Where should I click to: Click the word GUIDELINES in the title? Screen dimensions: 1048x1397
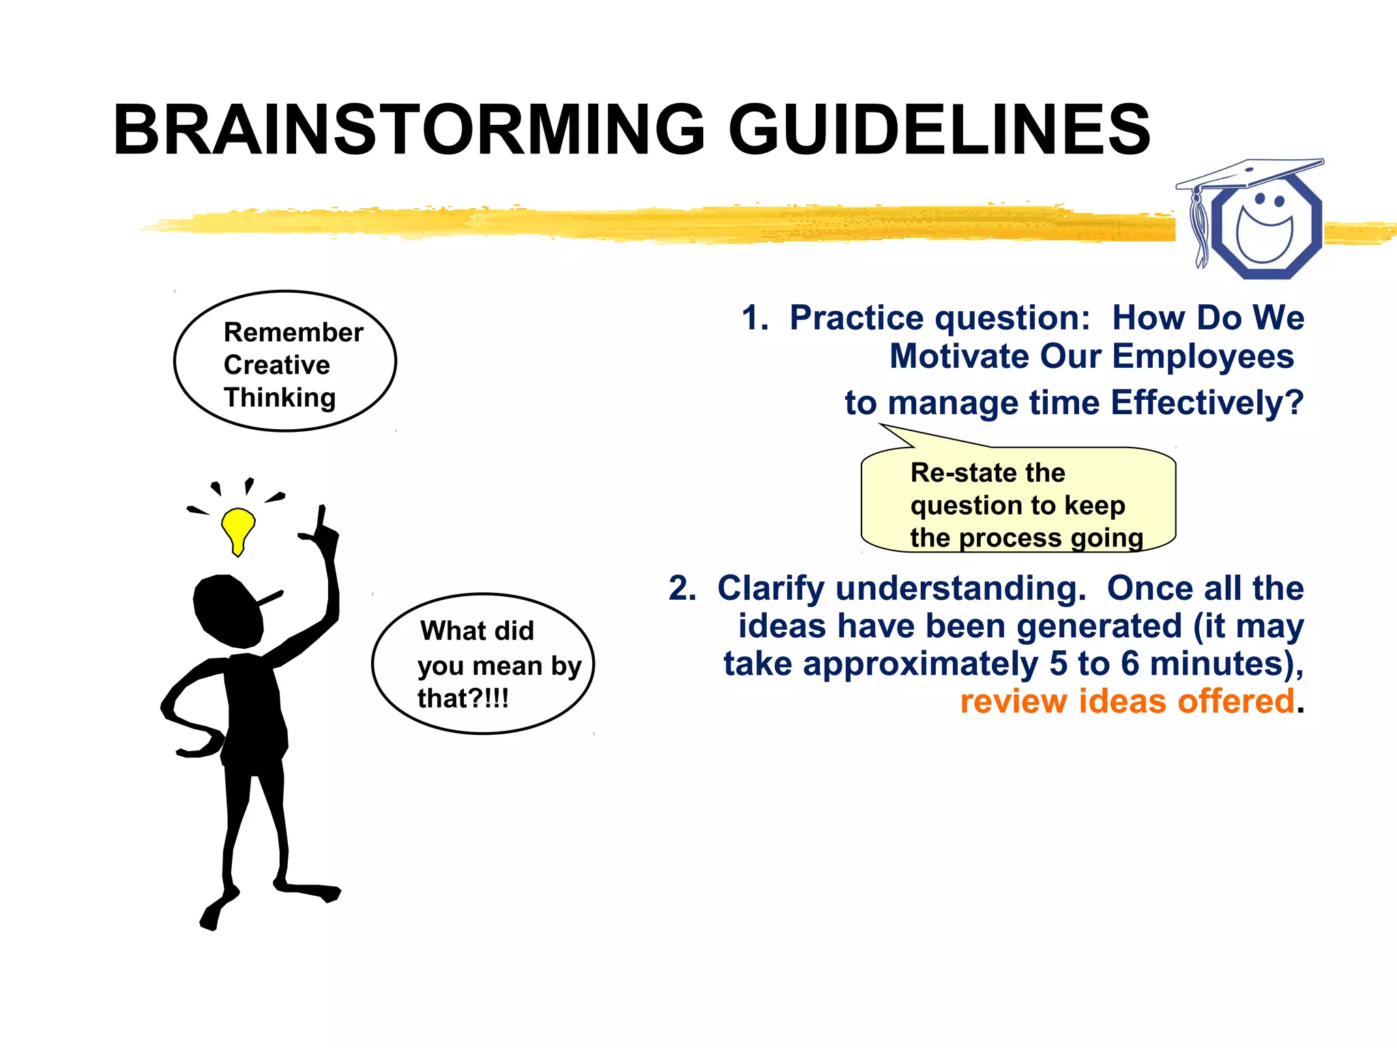pos(940,130)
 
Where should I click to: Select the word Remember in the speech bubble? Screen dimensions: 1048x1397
pos(293,332)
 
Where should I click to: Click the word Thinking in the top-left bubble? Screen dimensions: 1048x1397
pos(280,397)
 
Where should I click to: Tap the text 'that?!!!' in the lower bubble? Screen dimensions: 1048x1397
pos(463,699)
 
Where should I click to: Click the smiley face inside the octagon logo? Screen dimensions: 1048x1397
pos(1265,229)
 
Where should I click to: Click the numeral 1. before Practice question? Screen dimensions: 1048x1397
pos(754,318)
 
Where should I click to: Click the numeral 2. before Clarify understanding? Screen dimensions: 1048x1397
pos(682,588)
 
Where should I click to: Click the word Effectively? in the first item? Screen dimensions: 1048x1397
pos(1207,403)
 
